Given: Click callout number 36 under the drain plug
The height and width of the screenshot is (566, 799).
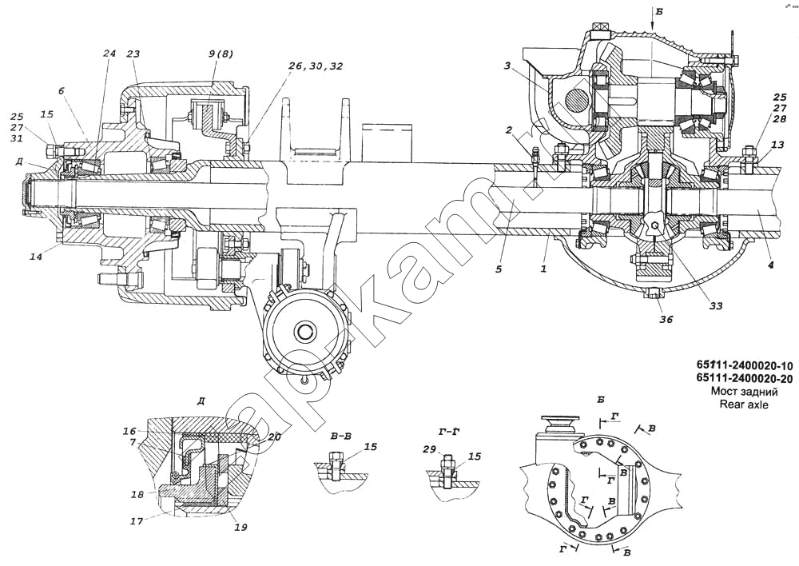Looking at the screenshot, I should [666, 320].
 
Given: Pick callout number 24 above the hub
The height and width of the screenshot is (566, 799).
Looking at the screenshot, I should [109, 54].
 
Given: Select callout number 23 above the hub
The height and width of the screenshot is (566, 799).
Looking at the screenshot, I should [133, 54].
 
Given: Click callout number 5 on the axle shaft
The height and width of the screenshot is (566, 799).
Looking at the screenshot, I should [498, 269].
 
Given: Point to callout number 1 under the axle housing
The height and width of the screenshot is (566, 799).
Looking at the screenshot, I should [543, 269].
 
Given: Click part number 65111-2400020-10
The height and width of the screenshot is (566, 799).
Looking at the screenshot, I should [744, 365].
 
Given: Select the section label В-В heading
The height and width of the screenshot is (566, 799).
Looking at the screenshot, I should [341, 437].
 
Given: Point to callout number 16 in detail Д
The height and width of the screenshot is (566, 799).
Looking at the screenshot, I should [129, 430].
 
